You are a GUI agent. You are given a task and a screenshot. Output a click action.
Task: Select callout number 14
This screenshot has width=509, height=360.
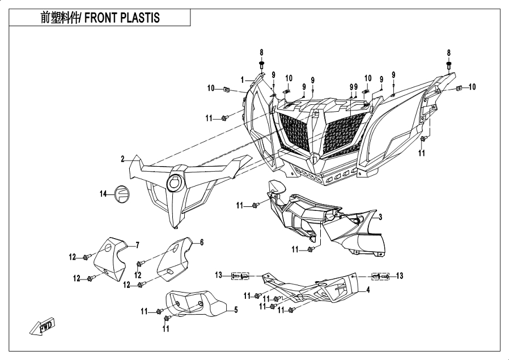[103, 194]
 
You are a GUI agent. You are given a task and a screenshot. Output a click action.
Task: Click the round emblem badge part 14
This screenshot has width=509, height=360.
[122, 193]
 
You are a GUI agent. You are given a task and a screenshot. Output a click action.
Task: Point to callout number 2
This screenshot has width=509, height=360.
[122, 159]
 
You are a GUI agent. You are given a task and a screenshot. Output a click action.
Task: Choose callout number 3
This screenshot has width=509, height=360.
[380, 217]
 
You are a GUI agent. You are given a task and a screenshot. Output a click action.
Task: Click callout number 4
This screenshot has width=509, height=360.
[368, 290]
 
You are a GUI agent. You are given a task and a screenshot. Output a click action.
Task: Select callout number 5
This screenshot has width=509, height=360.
[236, 310]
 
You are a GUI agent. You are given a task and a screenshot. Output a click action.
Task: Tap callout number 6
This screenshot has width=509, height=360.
[201, 242]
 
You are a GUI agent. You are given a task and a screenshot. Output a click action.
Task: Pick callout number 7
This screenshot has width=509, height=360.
[137, 245]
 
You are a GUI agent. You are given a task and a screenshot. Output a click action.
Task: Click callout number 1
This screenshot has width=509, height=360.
[241, 79]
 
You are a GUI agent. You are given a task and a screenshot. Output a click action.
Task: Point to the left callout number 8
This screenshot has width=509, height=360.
[262, 52]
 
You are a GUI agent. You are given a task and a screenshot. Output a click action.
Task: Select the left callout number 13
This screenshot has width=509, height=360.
[218, 276]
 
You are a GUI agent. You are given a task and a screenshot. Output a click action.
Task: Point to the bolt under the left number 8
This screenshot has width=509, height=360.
[262, 66]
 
